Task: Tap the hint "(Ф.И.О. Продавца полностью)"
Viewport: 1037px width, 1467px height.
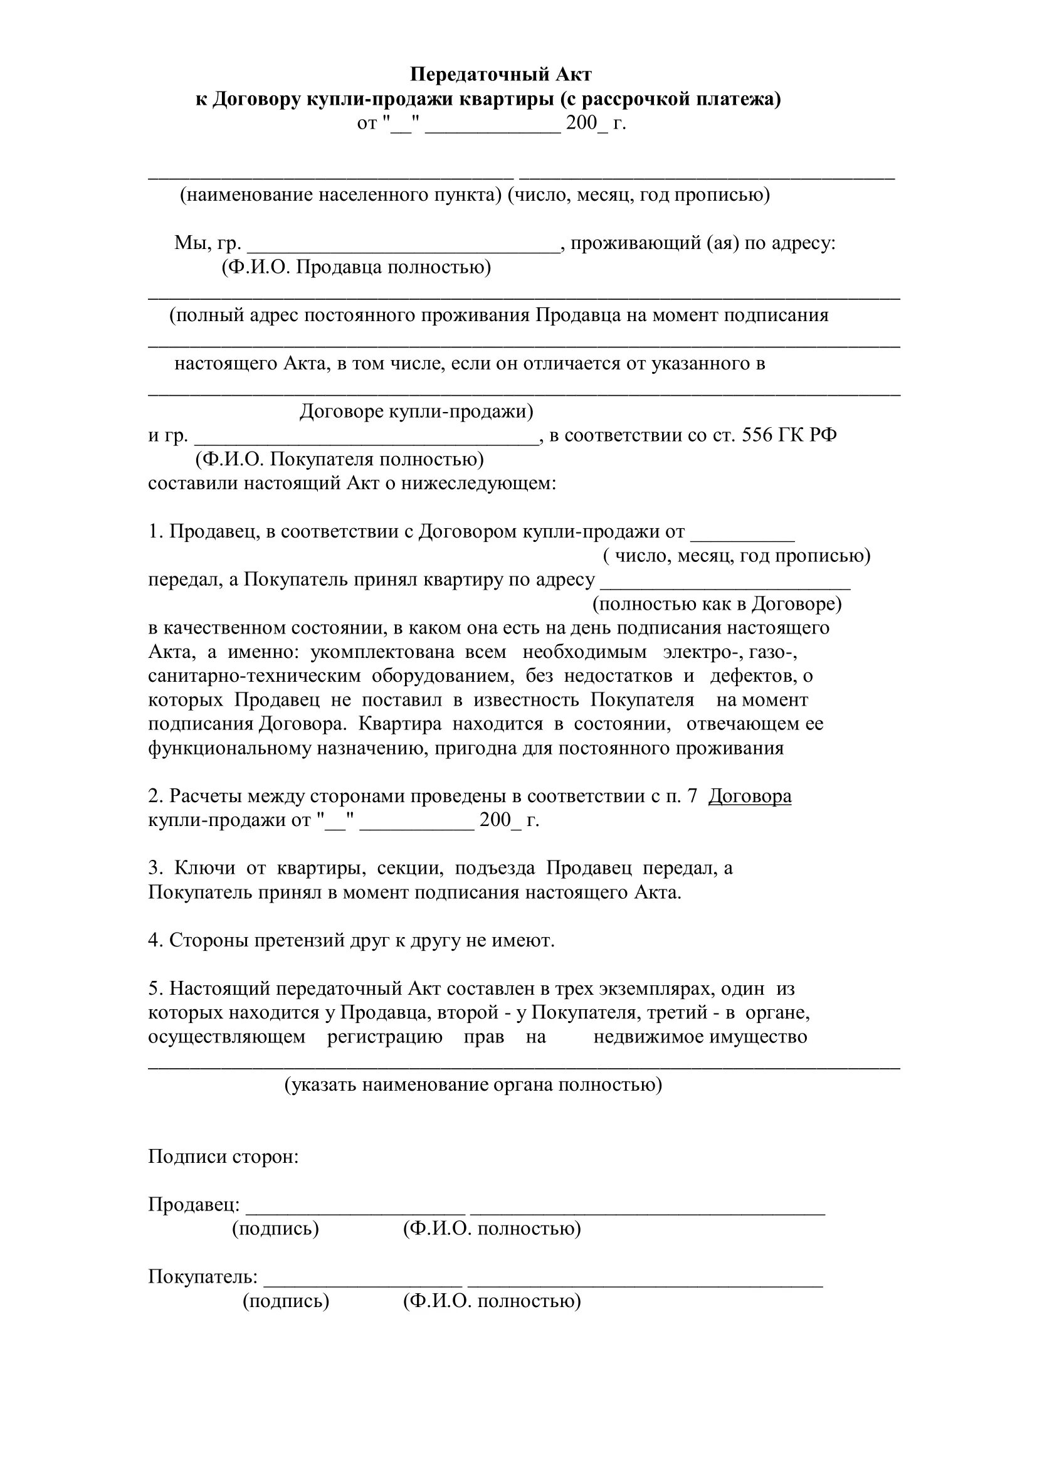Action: (x=356, y=267)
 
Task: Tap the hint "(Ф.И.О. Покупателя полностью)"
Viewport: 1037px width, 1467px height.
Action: (x=340, y=459)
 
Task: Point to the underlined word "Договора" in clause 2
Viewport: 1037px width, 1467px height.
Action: (x=750, y=796)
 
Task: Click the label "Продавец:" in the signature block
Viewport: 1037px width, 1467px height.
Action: (x=194, y=1204)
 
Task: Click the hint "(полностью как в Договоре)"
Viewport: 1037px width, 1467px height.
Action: (x=717, y=604)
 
